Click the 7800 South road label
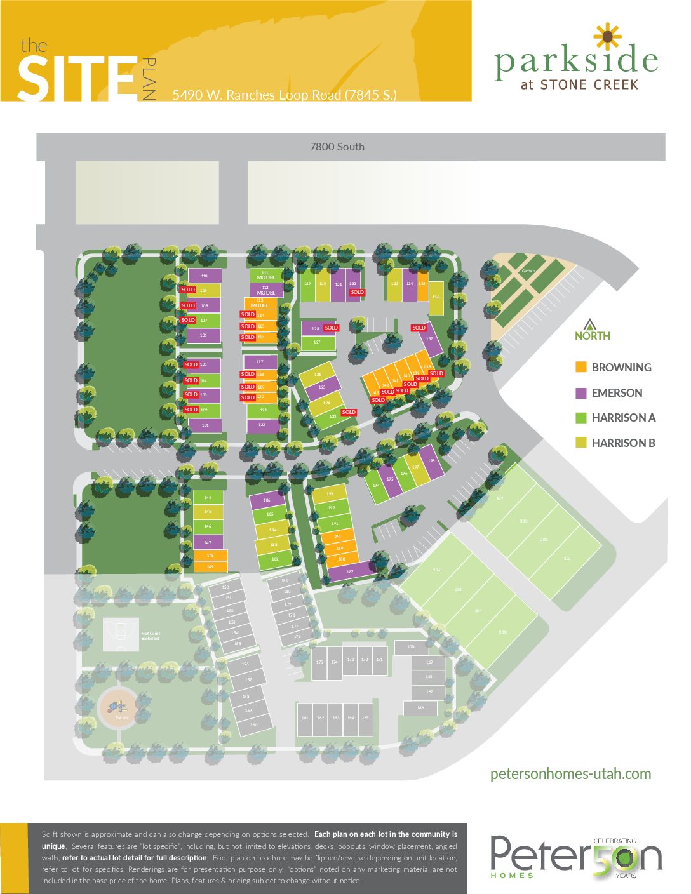337,147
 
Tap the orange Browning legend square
580,367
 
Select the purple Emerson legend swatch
580,392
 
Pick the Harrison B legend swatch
580,443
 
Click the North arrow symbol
590,324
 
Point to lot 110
205,276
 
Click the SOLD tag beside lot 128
331,328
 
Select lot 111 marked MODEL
265,275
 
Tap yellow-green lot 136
436,298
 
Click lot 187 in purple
351,571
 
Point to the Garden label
528,271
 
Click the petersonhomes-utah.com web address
570,774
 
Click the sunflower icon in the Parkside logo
608,36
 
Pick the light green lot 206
437,570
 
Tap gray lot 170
411,647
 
